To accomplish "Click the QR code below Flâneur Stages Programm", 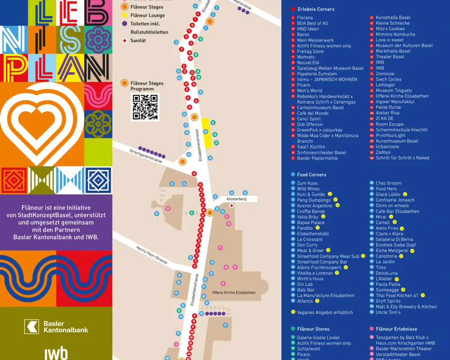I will tap(144, 107).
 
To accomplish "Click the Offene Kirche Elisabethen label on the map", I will tap(234, 292).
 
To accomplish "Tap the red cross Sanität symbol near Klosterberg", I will tap(232, 206).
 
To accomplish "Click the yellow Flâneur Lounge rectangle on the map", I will tap(207, 133).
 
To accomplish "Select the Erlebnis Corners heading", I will tap(316, 9).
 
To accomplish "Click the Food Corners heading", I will tap(311, 175).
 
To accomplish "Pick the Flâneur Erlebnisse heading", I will tap(396, 329).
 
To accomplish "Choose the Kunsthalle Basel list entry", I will tap(393, 18).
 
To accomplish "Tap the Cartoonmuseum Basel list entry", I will tap(320, 108).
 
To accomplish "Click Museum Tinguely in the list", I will tap(394, 90).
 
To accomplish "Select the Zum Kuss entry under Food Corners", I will tap(307, 183).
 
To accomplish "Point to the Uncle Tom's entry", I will tap(388, 312).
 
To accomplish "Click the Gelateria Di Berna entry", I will tap(394, 239).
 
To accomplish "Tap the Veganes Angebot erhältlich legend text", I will tap(325, 312).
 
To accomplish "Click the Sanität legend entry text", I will tap(138, 40).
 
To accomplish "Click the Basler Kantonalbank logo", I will tap(56, 326).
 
